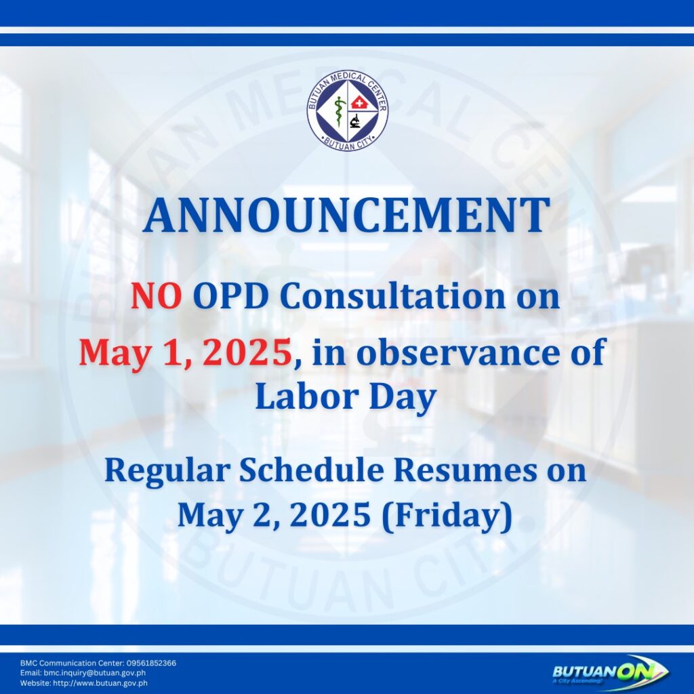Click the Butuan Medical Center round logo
coord(348,110)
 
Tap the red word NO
coord(157,297)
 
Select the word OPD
coord(230,297)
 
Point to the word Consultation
coord(392,296)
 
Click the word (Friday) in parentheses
coord(447,516)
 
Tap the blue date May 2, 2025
coord(274,516)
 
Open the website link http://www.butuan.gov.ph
coord(100,683)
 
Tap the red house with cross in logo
coord(359,104)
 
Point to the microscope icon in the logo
coord(354,121)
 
